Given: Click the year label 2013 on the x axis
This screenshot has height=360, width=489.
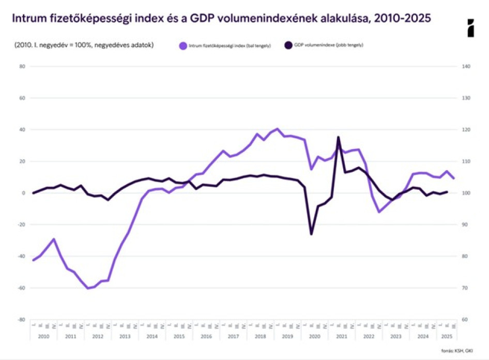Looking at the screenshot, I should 125,336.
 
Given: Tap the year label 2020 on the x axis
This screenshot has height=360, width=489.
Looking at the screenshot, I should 314,336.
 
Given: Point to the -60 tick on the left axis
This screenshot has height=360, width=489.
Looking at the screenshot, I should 21,288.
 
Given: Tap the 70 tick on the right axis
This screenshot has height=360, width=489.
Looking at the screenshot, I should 465,288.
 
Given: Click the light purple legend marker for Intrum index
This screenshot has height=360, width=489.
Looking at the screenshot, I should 183,46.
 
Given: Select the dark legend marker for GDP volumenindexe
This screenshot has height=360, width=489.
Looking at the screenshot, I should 288,46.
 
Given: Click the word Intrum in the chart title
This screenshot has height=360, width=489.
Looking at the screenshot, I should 28,19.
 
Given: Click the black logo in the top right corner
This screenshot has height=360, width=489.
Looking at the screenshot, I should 470,28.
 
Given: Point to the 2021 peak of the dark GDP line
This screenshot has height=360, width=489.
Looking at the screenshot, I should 338,137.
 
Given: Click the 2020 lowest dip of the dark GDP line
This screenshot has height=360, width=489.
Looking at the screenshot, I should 311,234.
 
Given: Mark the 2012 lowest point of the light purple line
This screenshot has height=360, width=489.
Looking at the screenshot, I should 87,288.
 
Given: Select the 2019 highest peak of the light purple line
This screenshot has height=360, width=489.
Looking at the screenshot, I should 278,129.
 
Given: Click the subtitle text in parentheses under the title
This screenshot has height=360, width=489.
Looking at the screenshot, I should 84,45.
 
